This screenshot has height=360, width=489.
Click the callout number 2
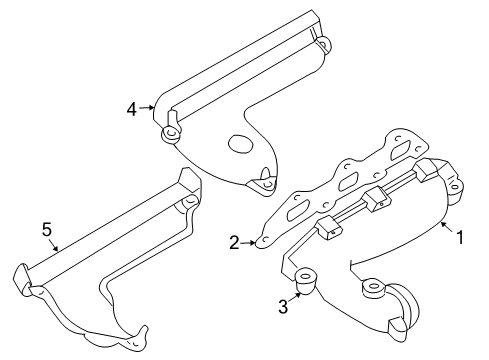234,242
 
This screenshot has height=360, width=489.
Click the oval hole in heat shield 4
241,145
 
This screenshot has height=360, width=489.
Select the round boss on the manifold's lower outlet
373,288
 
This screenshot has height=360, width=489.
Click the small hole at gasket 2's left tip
261,238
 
